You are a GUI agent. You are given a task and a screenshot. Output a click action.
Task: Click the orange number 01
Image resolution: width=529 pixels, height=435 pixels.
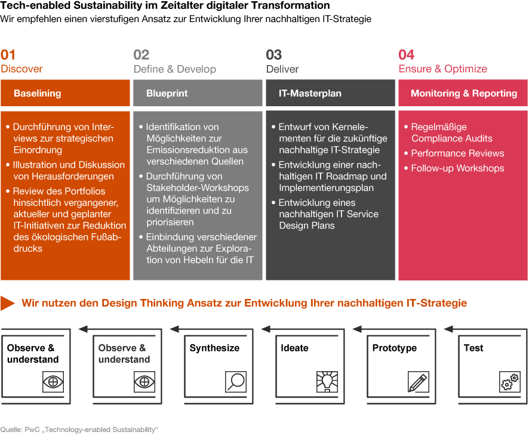click(8, 55)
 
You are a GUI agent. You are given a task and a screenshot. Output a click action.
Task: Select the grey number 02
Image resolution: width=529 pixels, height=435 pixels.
click(142, 55)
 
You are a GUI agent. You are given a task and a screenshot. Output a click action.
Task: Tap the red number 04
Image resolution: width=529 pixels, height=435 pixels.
click(407, 55)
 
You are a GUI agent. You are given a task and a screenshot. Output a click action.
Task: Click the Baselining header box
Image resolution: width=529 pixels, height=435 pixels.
click(65, 93)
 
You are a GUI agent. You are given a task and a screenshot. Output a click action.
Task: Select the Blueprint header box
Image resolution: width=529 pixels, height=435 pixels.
click(198, 93)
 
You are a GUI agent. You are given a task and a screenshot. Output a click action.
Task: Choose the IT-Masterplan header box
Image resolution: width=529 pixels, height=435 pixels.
click(330, 93)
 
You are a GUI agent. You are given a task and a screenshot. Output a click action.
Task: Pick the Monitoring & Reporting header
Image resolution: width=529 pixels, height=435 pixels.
click(463, 93)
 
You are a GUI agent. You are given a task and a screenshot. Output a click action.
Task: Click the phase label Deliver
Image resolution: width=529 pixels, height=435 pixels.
click(282, 69)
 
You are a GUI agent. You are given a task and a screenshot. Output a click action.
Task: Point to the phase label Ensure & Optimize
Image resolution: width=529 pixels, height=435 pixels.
click(442, 69)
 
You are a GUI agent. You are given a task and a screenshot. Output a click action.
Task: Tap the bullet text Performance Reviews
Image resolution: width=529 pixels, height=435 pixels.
click(457, 153)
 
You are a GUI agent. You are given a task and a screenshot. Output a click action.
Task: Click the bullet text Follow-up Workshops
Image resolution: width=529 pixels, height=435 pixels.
click(457, 168)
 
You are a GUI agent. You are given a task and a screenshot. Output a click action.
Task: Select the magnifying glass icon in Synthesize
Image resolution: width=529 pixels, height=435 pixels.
click(236, 382)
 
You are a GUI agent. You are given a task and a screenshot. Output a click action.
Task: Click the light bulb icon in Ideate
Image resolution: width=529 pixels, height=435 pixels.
click(327, 382)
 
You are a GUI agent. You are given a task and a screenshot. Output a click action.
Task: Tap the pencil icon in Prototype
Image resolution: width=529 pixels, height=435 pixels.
click(419, 382)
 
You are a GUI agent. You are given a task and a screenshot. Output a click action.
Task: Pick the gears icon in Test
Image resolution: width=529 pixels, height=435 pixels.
click(510, 382)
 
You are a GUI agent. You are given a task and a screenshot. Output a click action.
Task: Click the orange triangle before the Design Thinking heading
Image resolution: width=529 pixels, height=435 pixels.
click(7, 303)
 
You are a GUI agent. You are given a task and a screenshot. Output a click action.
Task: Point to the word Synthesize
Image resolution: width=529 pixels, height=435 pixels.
click(214, 348)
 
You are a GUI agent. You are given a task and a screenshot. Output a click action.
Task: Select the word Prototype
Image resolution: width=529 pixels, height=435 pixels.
click(395, 348)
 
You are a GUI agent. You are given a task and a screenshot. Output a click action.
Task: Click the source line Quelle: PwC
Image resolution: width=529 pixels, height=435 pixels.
click(79, 430)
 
